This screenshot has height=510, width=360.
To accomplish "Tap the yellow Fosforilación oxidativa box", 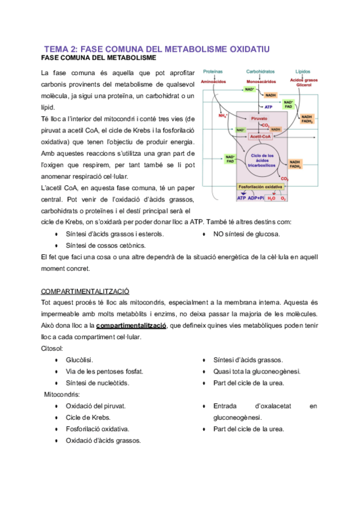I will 260,187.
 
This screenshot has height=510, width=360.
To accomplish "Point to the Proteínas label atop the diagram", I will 212,72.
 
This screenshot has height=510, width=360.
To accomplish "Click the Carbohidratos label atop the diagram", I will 260,72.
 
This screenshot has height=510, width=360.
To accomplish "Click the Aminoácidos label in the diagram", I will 213,80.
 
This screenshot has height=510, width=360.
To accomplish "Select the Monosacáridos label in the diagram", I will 260,80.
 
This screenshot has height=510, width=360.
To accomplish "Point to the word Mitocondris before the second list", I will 62,395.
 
